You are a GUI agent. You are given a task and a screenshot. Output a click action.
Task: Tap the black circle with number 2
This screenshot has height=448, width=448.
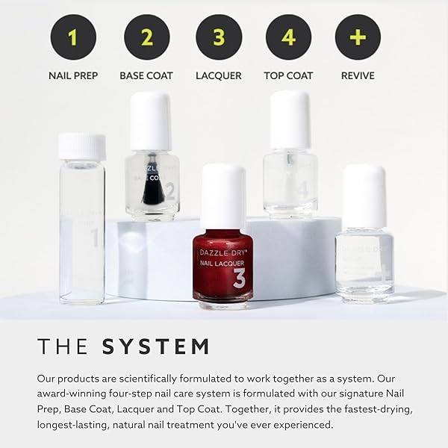pyautogui.click(x=147, y=37)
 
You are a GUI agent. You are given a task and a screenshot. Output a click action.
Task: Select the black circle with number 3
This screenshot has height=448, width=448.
pyautogui.click(x=219, y=37)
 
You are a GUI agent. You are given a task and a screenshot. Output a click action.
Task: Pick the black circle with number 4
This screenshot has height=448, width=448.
pyautogui.click(x=288, y=37)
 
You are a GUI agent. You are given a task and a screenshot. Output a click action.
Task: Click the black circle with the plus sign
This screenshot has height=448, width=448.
pyautogui.click(x=358, y=37)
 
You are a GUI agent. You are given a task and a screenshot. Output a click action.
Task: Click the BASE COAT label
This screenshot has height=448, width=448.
pyautogui.click(x=147, y=75)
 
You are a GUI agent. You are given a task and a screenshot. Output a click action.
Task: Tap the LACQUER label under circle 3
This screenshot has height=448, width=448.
pyautogui.click(x=219, y=75)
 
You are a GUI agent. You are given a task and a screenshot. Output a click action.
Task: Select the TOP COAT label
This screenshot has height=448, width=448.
pyautogui.click(x=288, y=75)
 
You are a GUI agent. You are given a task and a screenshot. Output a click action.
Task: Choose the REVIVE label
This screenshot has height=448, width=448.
pyautogui.click(x=358, y=75)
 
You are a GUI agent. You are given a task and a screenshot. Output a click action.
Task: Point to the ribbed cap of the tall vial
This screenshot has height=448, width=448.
pyautogui.click(x=81, y=146)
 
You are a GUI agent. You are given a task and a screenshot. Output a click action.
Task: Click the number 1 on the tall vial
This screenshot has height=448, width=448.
pyautogui.click(x=94, y=239)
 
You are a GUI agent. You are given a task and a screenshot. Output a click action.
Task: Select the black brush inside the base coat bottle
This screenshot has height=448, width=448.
pyautogui.click(x=152, y=184)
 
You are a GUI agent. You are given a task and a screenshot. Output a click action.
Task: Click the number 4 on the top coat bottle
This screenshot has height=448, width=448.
pyautogui.click(x=302, y=190)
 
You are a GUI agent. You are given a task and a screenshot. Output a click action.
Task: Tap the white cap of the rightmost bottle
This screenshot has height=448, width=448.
pyautogui.click(x=364, y=196)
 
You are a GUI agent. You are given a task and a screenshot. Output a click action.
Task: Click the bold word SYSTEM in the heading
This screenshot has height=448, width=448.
pyautogui.click(x=155, y=346)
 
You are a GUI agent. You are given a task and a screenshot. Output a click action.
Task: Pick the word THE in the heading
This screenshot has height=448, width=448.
pyautogui.click(x=64, y=346)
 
